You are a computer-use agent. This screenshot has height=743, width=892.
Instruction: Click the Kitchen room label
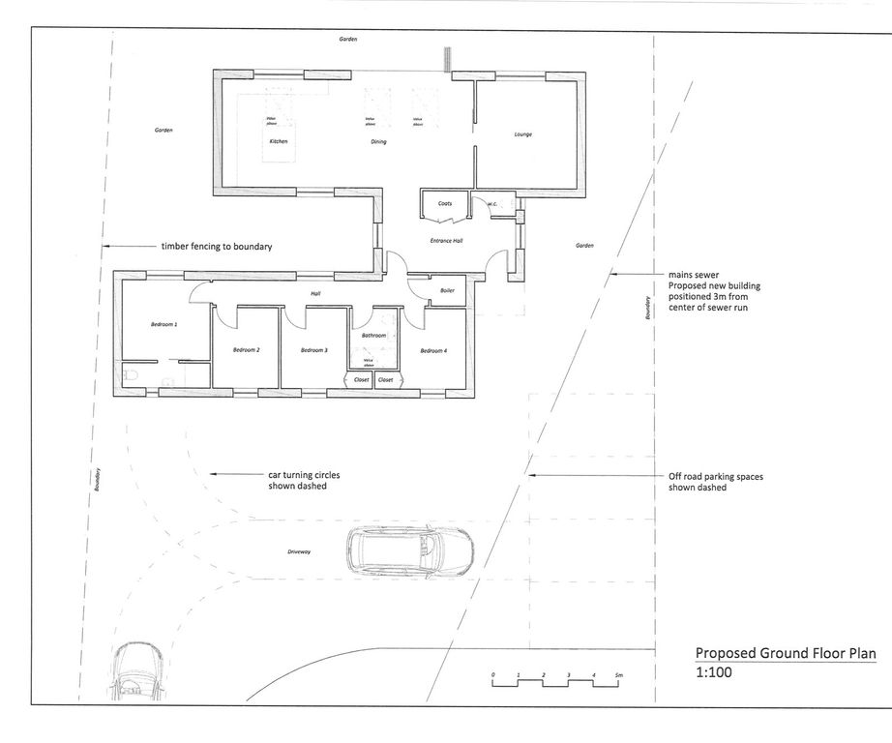[279, 142]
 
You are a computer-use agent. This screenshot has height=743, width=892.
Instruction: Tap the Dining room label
[378, 142]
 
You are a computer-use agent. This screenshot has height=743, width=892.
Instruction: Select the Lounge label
[522, 134]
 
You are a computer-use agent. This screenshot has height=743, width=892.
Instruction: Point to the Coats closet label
[445, 204]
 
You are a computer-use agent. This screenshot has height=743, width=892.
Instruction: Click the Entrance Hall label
[446, 240]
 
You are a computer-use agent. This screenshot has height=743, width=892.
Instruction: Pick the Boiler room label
[447, 290]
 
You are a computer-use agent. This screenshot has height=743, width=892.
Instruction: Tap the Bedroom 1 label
[164, 324]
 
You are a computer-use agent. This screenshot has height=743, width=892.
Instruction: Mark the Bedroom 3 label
[314, 349]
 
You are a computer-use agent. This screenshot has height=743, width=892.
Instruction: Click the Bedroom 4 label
[433, 349]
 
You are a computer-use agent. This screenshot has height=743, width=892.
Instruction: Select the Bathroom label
[373, 336]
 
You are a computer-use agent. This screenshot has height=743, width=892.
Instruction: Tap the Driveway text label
[299, 551]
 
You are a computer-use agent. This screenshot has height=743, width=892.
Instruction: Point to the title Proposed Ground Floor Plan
[786, 654]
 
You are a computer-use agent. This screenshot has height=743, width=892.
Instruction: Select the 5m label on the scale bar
[618, 673]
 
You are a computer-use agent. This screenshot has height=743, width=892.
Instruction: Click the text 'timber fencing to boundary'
[217, 247]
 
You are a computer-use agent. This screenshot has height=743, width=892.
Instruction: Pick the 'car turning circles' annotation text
[304, 475]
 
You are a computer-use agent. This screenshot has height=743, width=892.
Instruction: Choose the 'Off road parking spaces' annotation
[716, 476]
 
